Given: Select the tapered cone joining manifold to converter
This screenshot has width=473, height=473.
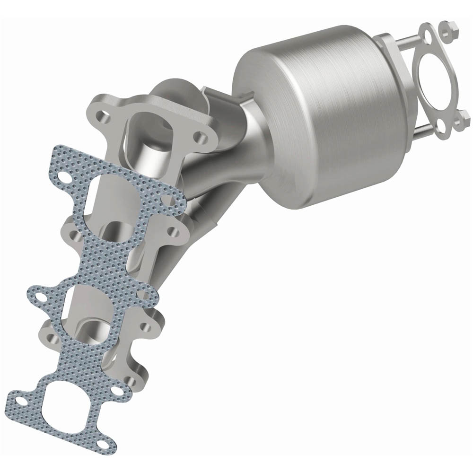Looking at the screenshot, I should click(246, 147).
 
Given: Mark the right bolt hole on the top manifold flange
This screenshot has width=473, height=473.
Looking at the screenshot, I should click(201, 137).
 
